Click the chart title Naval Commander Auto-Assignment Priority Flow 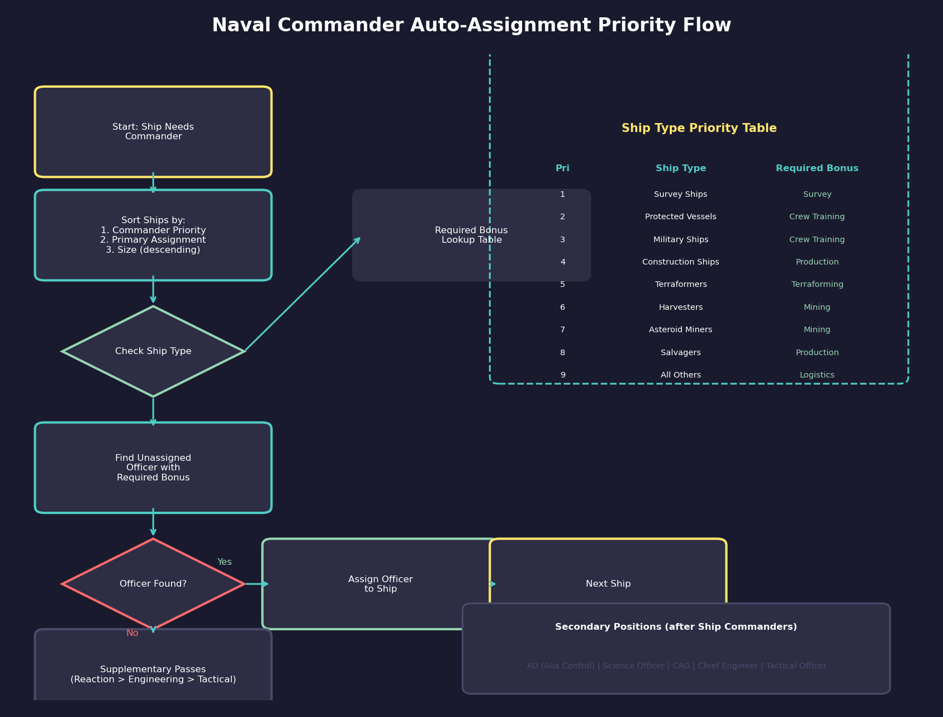coord(471,26)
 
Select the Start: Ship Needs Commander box coord(153,132)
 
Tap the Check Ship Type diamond coord(153,351)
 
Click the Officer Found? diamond coord(153,584)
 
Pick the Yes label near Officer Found coord(224,562)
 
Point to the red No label coord(132,633)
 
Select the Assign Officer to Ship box coord(380,584)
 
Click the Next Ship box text coord(608,584)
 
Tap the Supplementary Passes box coord(153,674)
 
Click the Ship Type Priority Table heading coord(699,129)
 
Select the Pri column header coord(562,168)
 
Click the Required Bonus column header coord(817,168)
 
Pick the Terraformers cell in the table coord(681,285)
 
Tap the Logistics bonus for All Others coord(817,375)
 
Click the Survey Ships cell coord(681,195)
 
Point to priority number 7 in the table coord(562,330)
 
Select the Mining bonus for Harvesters coord(817,308)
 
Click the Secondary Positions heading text coord(676,627)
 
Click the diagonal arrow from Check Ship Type coord(302,295)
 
